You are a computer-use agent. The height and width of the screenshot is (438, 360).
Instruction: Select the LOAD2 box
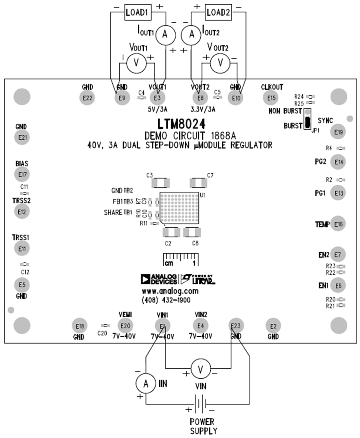click(x=218, y=12)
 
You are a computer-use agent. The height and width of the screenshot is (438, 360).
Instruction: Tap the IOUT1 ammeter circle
click(x=162, y=35)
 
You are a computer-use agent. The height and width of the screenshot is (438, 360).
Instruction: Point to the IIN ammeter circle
click(x=146, y=383)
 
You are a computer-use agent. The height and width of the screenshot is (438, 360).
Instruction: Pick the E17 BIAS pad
click(x=22, y=174)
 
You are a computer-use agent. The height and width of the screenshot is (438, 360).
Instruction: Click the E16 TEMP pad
click(x=338, y=224)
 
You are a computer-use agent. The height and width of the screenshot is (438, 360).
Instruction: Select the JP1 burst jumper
click(x=307, y=119)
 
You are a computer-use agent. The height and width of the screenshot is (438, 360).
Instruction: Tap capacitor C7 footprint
click(x=198, y=183)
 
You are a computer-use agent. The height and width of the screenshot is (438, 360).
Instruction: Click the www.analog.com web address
click(x=170, y=291)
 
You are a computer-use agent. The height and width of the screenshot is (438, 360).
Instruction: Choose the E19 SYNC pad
click(x=338, y=131)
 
